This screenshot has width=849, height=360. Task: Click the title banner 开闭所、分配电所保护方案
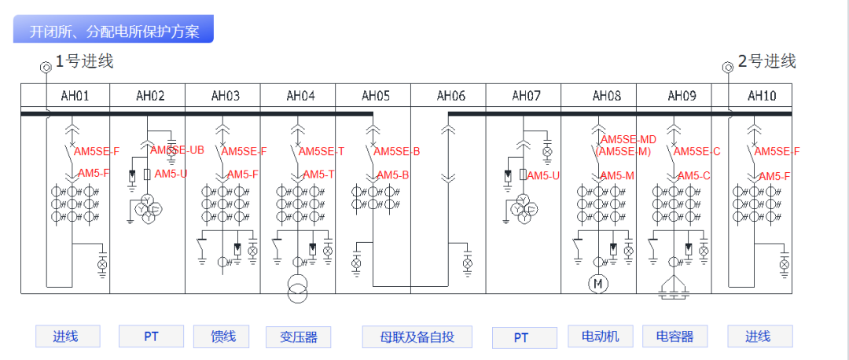click(114, 31)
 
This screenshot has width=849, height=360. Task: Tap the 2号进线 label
click(766, 61)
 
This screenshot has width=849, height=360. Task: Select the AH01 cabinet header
click(75, 96)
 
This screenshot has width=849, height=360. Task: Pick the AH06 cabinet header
click(450, 96)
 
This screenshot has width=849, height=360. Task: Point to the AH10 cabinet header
click(762, 96)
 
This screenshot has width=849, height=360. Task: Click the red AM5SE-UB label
click(178, 149)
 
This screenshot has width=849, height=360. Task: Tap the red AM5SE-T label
click(322, 152)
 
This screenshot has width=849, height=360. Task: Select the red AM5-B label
click(393, 175)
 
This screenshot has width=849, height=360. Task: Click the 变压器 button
click(298, 337)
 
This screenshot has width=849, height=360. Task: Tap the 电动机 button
click(600, 336)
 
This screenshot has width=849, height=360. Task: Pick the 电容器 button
click(674, 336)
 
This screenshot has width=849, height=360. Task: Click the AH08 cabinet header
click(606, 96)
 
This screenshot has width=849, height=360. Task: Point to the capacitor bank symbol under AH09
click(674, 289)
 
